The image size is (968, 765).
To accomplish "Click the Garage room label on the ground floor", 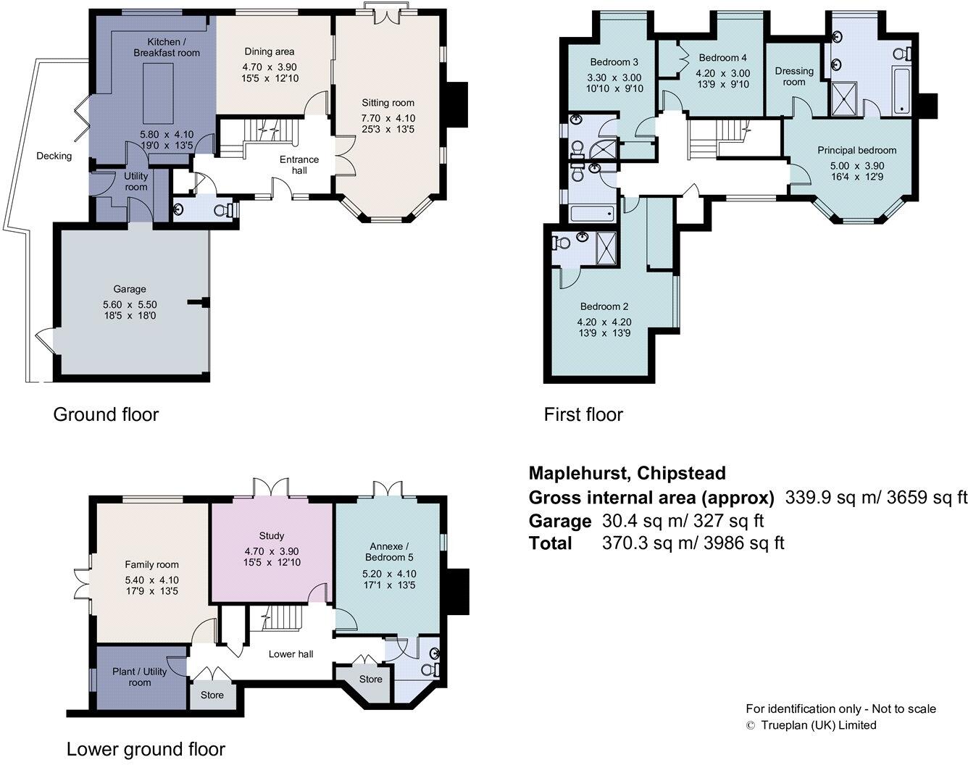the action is click(130, 289).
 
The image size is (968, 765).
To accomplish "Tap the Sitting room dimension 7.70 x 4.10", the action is click(388, 118).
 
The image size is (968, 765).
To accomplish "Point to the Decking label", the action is click(54, 156).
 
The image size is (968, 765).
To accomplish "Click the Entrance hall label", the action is click(299, 165).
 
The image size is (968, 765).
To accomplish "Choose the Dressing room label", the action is click(794, 77).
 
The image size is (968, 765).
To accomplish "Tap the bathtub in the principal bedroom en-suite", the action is click(902, 91).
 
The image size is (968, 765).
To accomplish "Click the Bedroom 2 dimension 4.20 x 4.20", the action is click(604, 322).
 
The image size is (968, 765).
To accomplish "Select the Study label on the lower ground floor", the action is click(272, 535).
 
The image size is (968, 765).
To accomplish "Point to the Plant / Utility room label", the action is click(139, 677).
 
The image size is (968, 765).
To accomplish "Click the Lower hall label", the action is click(291, 654).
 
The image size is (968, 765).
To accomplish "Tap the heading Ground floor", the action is click(106, 414).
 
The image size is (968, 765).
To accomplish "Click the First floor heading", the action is click(583, 414).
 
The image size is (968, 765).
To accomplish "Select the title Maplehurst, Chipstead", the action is click(627, 473).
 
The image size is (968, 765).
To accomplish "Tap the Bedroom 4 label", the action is click(723, 57).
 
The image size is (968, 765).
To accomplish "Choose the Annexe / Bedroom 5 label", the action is click(389, 552).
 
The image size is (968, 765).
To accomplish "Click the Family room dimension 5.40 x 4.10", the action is click(152, 580).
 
